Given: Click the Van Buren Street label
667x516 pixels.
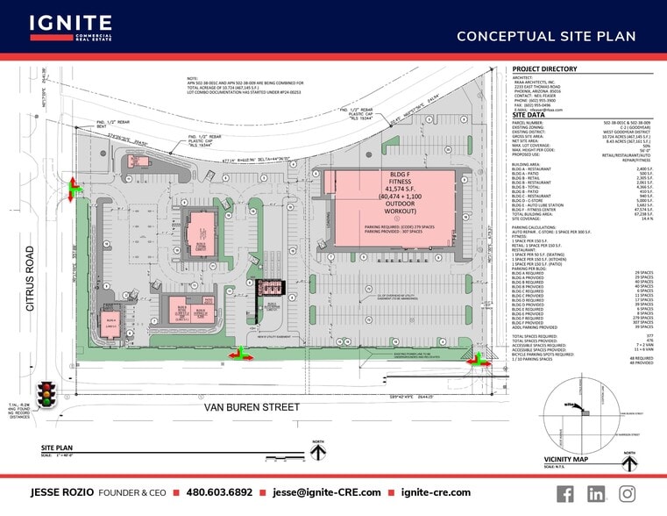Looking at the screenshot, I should pyautogui.click(x=252, y=407).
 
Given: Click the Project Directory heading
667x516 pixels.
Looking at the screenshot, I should pyautogui.click(x=544, y=68).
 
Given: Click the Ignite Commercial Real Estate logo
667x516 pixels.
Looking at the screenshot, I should pyautogui.click(x=70, y=27).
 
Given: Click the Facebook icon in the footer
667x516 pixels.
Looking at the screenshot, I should pyautogui.click(x=565, y=493).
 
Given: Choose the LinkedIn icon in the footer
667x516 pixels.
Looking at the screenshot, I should pyautogui.click(x=596, y=493).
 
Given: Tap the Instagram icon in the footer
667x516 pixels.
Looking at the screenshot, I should pyautogui.click(x=627, y=493).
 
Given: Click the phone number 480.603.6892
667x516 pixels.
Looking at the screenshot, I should pyautogui.click(x=220, y=493).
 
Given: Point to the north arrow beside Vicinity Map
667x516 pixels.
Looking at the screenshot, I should pyautogui.click(x=628, y=457).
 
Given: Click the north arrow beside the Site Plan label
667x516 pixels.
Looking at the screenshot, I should pyautogui.click(x=319, y=450).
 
